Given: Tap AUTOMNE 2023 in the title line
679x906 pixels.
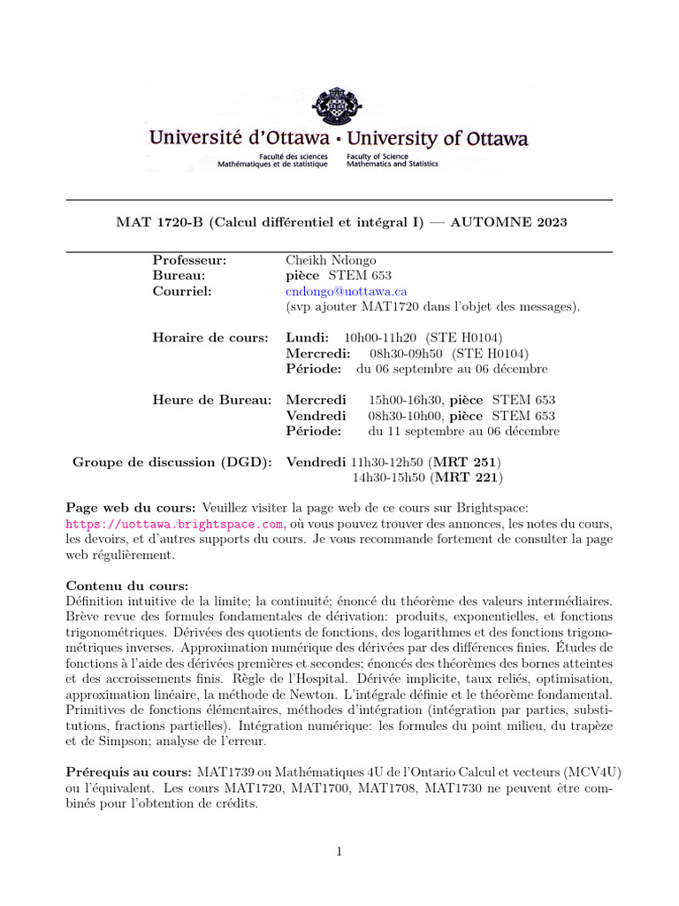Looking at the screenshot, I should point(508,222).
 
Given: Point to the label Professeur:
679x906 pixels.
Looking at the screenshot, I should point(189,260).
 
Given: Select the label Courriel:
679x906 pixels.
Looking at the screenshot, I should point(181,291).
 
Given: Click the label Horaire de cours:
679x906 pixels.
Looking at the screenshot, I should point(210,338).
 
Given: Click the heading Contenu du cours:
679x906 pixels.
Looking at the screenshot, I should point(127,586).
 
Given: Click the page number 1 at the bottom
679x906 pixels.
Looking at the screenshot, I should point(339,852).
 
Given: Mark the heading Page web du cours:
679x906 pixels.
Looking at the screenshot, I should point(132,508).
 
